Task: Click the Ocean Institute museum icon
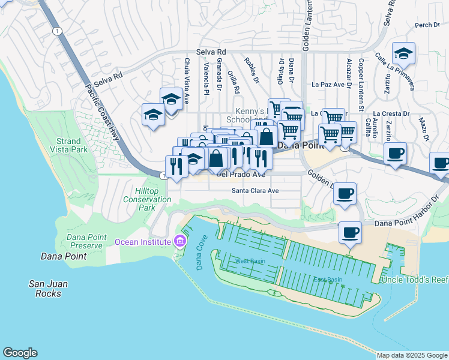pos(179,242)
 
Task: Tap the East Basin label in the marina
pos(327,280)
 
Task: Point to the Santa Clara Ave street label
pos(256,191)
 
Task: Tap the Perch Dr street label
pos(427,25)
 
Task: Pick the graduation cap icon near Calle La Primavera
pos(404,53)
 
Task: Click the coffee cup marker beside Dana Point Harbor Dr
pos(350,233)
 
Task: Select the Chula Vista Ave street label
pos(187,78)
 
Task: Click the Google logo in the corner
pos(20,353)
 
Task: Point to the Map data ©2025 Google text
pos(412,355)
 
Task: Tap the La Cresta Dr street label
pos(391,113)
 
